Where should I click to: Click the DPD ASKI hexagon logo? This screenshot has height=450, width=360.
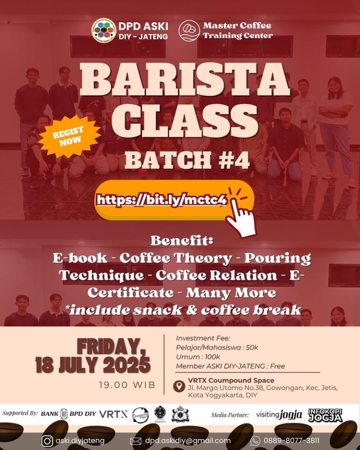click(104, 30)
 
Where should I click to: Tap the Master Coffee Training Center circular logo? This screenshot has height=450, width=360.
click(189, 30)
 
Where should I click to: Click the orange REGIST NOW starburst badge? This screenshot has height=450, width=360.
click(69, 136)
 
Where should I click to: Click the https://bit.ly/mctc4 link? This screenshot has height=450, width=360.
click(162, 200)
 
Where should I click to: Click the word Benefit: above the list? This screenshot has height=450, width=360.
click(181, 241)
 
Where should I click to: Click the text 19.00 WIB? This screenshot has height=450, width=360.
click(127, 385)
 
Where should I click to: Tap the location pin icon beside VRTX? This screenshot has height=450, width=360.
click(179, 386)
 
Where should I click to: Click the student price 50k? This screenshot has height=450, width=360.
click(252, 348)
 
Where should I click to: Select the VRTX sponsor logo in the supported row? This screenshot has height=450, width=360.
click(113, 414)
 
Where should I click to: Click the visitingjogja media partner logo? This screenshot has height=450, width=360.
click(279, 414)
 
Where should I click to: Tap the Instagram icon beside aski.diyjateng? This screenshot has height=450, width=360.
click(47, 440)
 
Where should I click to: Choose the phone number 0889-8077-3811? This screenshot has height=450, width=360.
click(292, 440)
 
